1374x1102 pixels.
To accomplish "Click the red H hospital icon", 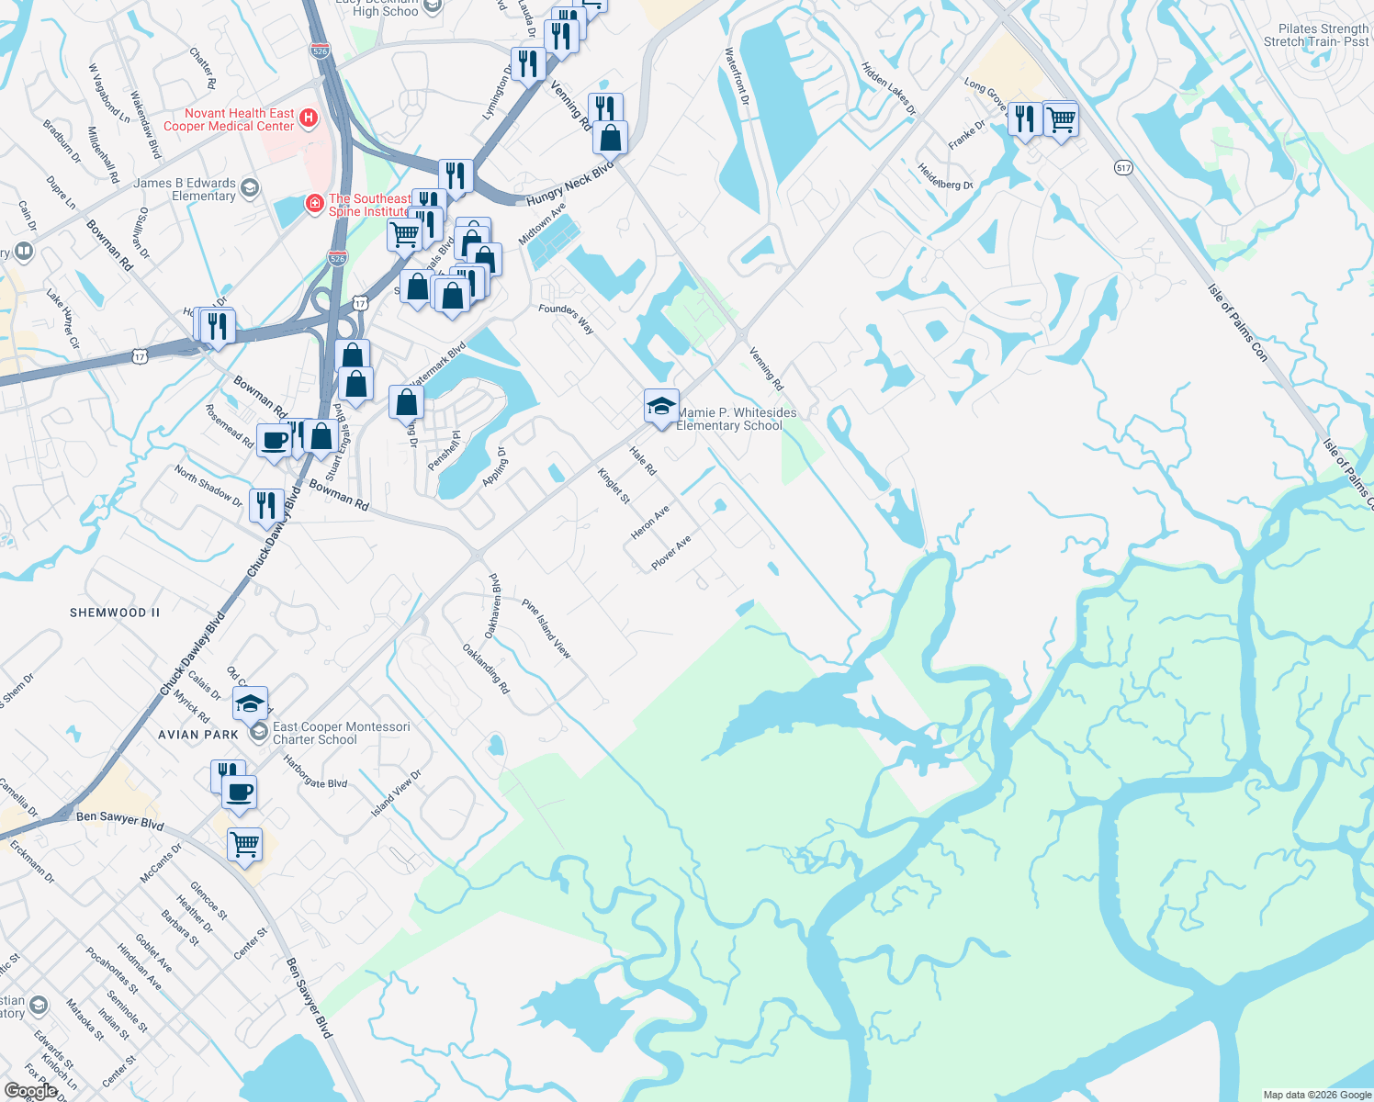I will click(x=309, y=118).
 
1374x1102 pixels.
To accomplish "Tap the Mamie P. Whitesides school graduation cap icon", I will click(x=661, y=406).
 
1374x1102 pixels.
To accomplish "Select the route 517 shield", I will click(x=1124, y=168).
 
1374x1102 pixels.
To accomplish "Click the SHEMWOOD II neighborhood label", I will click(x=115, y=613).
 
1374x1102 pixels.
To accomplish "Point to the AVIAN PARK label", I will click(x=198, y=735).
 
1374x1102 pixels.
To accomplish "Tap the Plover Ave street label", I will click(x=670, y=553).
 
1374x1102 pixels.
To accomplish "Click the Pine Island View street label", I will click(x=546, y=629).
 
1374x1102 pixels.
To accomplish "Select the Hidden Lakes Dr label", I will click(x=888, y=88).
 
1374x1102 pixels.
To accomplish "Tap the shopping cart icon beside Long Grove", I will click(x=1061, y=118).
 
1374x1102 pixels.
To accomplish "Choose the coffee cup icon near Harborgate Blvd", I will click(x=240, y=792).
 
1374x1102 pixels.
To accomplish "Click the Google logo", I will click(x=30, y=1091).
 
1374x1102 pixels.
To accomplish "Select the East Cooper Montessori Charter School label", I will click(x=341, y=733).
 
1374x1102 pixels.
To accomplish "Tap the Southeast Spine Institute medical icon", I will click(x=314, y=202).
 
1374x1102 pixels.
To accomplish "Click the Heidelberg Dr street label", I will click(x=945, y=176).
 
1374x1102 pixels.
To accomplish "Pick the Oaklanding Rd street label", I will click(x=486, y=668).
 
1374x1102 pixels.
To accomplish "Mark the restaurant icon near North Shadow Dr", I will click(x=265, y=505).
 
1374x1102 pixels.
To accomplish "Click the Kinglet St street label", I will click(x=614, y=486).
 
